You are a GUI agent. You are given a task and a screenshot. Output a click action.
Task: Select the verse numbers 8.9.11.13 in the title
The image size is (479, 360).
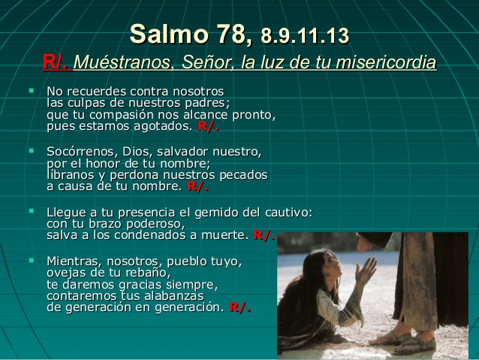(x=305, y=35)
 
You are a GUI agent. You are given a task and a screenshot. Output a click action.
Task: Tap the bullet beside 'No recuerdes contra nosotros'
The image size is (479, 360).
(x=32, y=90)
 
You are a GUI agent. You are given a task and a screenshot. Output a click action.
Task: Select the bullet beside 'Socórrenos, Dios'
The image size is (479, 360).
(x=32, y=151)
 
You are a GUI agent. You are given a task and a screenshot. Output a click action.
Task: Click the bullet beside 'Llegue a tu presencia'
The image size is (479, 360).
(x=32, y=211)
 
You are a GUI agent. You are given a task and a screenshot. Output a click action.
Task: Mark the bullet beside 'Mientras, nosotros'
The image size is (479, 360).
(x=32, y=260)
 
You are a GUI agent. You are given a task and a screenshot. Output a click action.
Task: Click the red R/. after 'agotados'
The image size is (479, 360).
(x=208, y=126)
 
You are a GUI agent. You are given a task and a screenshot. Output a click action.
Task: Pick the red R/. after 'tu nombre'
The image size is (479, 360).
(x=197, y=186)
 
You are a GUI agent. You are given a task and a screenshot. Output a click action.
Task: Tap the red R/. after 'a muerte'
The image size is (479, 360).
(x=264, y=235)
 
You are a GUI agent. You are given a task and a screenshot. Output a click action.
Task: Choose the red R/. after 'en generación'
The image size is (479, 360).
(x=239, y=307)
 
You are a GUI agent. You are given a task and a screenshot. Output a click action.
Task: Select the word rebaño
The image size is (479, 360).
(x=146, y=273)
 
